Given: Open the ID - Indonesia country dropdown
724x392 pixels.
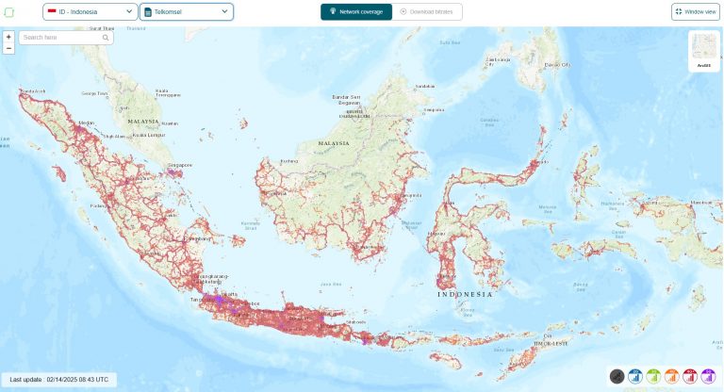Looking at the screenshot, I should click(90, 12).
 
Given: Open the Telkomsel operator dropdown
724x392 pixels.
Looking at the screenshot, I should click(187, 12).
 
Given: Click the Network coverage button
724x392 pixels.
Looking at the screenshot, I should click(355, 12).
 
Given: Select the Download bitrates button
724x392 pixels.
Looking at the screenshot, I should click(429, 12).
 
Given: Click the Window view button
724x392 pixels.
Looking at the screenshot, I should click(696, 12).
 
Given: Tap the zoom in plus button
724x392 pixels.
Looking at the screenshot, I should click(8, 37).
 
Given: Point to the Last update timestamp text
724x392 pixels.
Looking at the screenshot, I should click(58, 379).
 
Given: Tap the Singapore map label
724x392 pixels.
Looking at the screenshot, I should click(180, 165).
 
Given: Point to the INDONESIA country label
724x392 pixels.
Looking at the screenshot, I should click(465, 294).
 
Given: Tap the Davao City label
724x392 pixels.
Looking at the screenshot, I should click(560, 64).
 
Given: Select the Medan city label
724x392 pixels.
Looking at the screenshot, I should click(87, 122).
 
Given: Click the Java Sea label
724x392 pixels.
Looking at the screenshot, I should click(331, 283).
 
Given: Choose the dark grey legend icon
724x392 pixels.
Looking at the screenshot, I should click(617, 376).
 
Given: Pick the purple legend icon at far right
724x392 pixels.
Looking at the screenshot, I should click(707, 376).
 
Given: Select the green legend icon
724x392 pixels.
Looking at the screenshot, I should click(653, 376).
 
